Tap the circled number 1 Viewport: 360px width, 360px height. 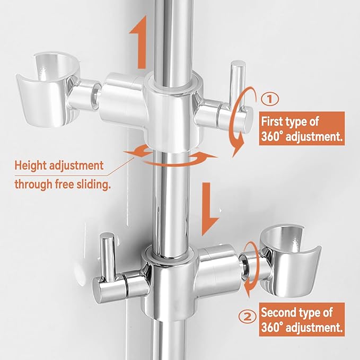pyautogui.click(x=270, y=98)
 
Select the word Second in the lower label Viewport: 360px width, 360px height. pyautogui.click(x=279, y=312)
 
